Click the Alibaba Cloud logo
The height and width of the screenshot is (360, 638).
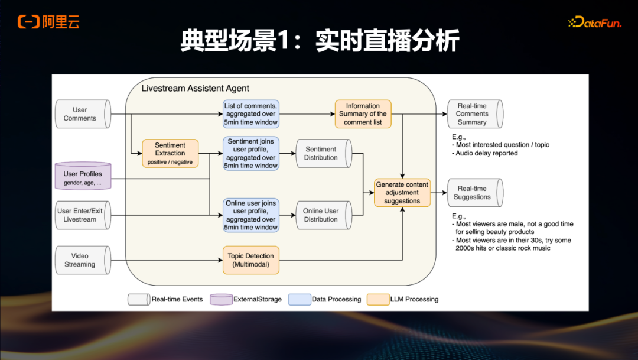(x=48, y=22)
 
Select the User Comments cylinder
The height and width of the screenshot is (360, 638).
(x=82, y=114)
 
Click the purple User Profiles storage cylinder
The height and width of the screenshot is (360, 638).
(x=87, y=176)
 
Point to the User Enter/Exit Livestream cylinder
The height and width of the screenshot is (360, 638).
(x=82, y=215)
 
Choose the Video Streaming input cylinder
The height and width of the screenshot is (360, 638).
(x=82, y=261)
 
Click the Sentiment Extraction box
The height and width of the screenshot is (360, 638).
(x=170, y=154)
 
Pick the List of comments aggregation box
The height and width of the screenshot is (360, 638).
(x=251, y=114)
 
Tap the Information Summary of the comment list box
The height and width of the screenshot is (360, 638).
(x=363, y=114)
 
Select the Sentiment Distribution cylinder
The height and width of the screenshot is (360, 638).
(x=323, y=154)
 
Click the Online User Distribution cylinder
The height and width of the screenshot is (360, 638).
(x=323, y=215)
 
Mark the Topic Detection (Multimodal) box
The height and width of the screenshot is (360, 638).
(x=251, y=260)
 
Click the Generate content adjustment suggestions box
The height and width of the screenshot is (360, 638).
(x=402, y=193)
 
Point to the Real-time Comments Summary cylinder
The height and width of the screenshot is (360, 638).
(x=474, y=114)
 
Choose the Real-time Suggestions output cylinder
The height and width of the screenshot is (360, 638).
(x=474, y=193)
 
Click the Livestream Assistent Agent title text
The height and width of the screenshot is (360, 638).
(x=195, y=89)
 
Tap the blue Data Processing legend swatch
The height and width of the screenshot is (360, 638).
(x=300, y=299)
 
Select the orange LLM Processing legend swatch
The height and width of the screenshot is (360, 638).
(x=377, y=299)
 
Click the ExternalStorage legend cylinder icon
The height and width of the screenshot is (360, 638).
(x=222, y=299)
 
